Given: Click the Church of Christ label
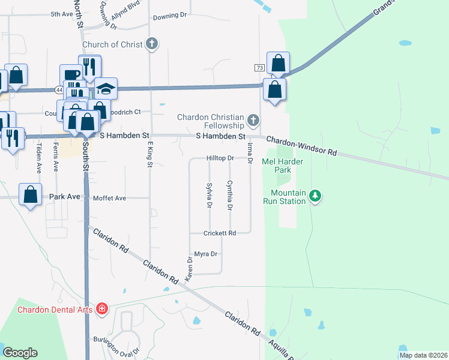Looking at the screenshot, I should (x=112, y=44).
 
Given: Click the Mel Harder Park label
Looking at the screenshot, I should (x=283, y=166).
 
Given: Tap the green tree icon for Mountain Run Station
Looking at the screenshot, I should (x=316, y=196).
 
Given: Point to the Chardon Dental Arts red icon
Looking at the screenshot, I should (x=102, y=309).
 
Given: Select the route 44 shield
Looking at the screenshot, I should (x=58, y=90).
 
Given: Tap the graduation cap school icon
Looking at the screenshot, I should (x=106, y=89).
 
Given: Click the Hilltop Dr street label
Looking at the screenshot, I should (x=220, y=158).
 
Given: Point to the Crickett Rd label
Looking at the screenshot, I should (x=219, y=233).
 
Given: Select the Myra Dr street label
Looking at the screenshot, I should (x=205, y=254).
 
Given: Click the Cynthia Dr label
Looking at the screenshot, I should (x=229, y=196).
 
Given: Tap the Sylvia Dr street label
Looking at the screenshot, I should (x=209, y=196).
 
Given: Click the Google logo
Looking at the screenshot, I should (x=20, y=353).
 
